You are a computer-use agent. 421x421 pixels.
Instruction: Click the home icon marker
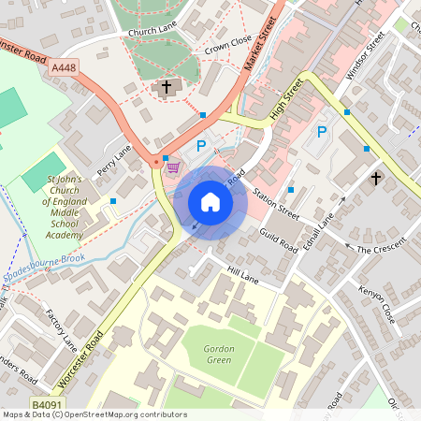(210, 201)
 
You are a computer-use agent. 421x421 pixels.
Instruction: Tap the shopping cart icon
(172, 168)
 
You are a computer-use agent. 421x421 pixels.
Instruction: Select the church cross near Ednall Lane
(376, 178)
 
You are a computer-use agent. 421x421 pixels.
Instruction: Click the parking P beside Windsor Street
(322, 133)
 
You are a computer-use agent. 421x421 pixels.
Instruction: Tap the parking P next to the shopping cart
(201, 146)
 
